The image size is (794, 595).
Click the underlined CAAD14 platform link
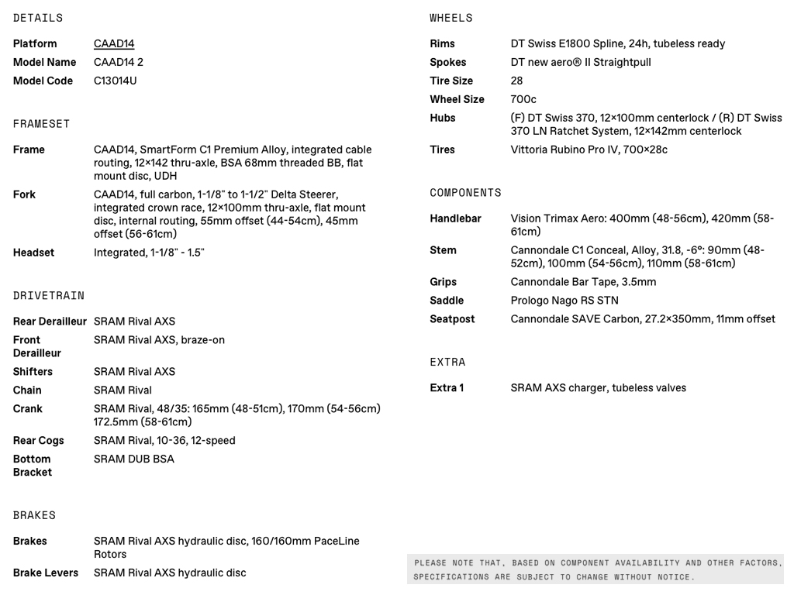coord(114,44)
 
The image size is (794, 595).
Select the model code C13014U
coord(116,81)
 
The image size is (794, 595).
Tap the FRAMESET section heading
coord(41,124)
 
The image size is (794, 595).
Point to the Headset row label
coord(33,253)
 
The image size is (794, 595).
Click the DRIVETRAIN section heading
coord(49,296)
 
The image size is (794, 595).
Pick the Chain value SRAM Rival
coord(123,390)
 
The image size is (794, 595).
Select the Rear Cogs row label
coord(38,441)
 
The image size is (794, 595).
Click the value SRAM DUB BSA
coord(134,459)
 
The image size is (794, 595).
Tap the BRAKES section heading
coord(34,515)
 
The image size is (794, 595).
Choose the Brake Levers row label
coord(46,573)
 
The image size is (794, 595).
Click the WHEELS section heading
coord(451,18)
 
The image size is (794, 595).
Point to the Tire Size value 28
coord(516,81)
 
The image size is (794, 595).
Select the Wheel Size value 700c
coord(523,100)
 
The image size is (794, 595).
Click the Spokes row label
coord(448,63)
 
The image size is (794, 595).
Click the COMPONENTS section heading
coord(465,193)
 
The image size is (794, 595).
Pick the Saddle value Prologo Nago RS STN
coord(564,301)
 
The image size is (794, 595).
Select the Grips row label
coord(444,282)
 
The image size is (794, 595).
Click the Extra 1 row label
coord(447,388)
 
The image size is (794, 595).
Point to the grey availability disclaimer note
coord(595,569)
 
